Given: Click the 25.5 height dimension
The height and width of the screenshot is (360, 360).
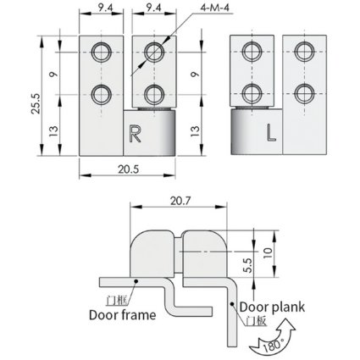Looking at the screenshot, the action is coord(36,104).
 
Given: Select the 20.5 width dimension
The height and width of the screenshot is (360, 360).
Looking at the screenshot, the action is coord(129,169).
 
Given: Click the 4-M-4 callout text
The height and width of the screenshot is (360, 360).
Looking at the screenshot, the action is coord(214,8).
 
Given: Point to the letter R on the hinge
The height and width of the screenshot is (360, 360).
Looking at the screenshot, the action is coord(135,133).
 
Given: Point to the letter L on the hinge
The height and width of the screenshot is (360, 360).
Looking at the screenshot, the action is coord(271,133).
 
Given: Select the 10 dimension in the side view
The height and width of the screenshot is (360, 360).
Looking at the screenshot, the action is coord(268,252).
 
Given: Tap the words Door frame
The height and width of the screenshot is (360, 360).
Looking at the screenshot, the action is coord(123,315).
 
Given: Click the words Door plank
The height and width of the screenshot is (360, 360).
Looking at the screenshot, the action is coord(272,307).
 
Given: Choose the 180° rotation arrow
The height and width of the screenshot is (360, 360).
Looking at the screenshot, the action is coord(273,337).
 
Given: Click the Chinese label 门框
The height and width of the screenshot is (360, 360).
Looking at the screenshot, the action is coord(117,300).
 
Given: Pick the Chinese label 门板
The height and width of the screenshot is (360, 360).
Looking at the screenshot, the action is coord(257,321).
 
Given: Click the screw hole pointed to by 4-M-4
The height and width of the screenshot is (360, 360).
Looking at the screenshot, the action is coord(154,52).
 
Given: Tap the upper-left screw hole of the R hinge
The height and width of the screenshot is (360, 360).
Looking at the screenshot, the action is coord(101,52).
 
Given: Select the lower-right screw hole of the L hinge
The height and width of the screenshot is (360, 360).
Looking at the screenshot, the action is coord(305,94).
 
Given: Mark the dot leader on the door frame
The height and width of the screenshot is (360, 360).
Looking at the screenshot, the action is coord(136,281).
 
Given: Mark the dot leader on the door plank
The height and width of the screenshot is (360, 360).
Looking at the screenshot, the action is coord(231,304).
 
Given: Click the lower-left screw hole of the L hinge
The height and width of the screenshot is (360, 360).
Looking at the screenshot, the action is coord(252,94).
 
